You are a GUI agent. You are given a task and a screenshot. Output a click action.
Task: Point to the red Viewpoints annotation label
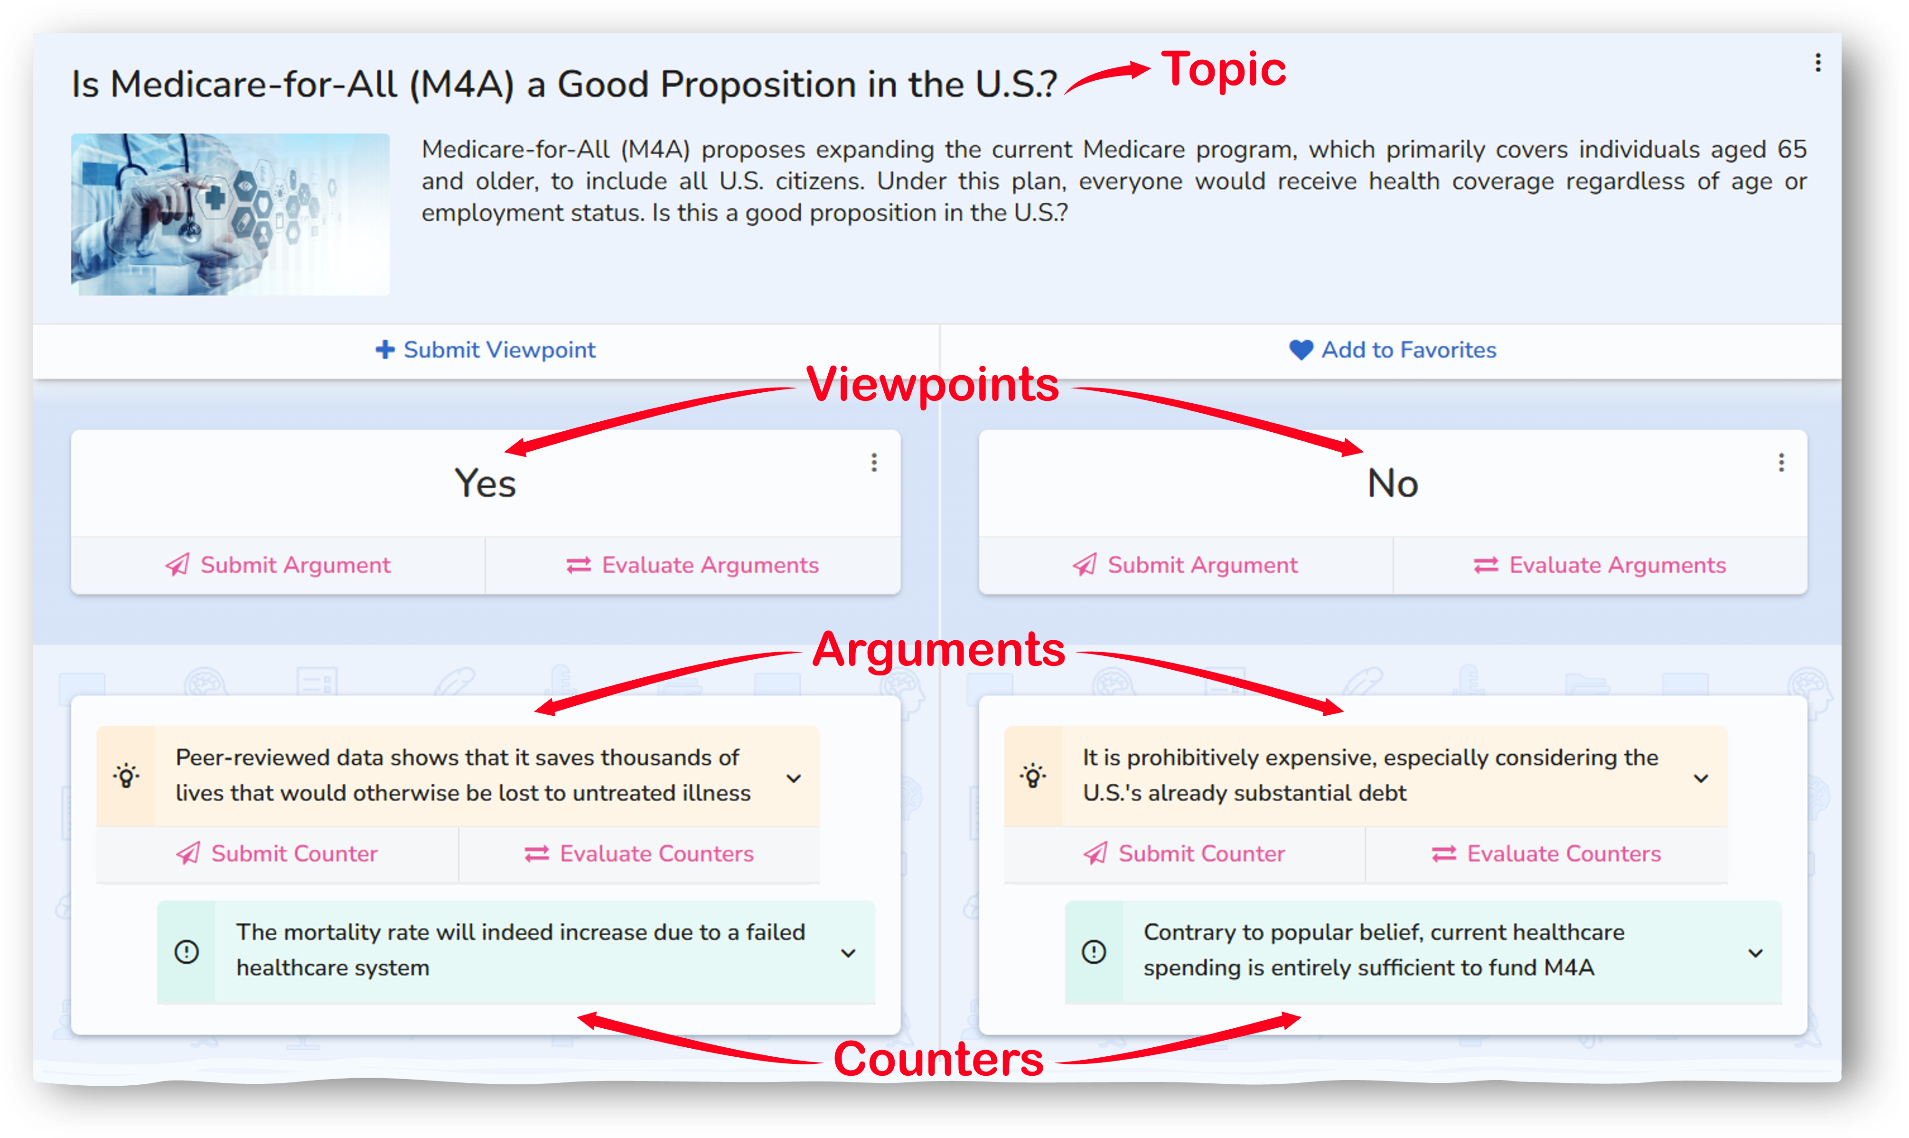point(933,384)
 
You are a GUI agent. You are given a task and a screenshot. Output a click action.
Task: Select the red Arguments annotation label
point(939,650)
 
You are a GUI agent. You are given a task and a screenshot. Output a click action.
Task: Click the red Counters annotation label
point(939,1059)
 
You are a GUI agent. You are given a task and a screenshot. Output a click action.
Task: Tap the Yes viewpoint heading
point(485,483)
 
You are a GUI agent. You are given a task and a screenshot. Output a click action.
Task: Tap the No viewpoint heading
point(1393,483)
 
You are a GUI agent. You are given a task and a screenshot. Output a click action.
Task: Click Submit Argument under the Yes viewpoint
point(278,565)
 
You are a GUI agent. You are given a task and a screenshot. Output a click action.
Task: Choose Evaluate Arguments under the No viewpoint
point(1600,565)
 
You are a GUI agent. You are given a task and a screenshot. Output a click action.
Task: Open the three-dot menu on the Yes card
point(874,463)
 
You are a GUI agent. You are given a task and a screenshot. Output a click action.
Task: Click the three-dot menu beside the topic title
point(1818,63)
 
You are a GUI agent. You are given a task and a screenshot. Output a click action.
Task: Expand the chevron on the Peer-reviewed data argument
point(794,778)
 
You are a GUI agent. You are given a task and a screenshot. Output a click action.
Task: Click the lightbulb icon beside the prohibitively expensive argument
point(1033,776)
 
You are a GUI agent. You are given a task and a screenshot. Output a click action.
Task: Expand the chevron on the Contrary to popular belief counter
point(1755,953)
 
